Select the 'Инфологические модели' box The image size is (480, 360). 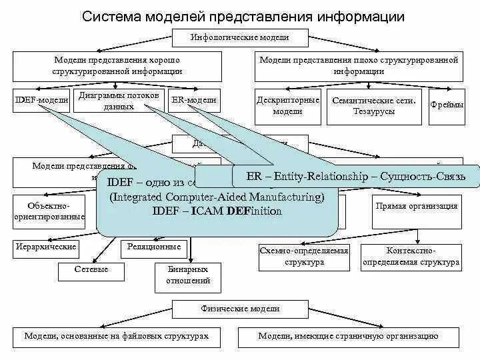tap(240, 37)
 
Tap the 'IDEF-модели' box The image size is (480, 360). tap(42, 100)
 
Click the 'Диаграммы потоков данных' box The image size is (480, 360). tap(119, 101)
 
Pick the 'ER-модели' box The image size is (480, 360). tap(193, 100)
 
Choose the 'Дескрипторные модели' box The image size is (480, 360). tap(287, 106)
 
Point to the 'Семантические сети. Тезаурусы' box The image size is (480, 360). tap(374, 106)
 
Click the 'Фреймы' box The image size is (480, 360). tap(447, 105)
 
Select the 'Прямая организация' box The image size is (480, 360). tap(417, 206)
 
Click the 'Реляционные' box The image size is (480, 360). tap(154, 247)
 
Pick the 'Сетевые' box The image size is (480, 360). tap(91, 269)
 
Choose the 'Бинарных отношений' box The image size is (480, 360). tap(183, 275)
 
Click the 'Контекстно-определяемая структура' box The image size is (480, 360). tap(411, 257)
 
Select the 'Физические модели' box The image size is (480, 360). tap(240, 309)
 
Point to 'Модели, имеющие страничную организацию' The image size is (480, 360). tap(348, 336)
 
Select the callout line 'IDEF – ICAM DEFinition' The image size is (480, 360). tap(217, 211)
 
